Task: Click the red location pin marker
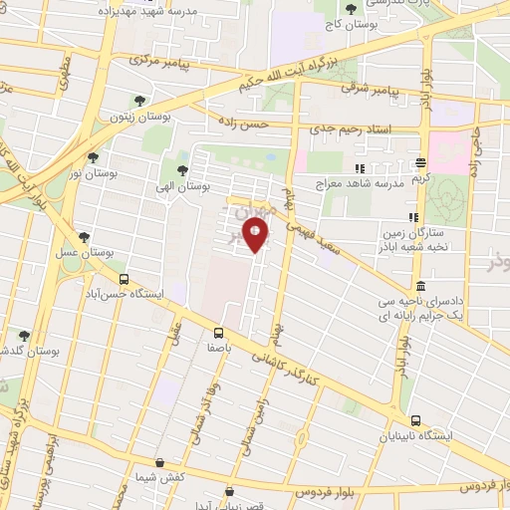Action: tap(256, 235)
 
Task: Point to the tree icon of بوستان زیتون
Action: tap(139, 101)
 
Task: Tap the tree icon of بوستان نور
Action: tap(93, 156)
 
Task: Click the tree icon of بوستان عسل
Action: tap(84, 237)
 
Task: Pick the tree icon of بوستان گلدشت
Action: tap(25, 336)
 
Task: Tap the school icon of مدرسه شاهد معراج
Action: tap(361, 168)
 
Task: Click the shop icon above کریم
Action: tap(420, 162)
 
